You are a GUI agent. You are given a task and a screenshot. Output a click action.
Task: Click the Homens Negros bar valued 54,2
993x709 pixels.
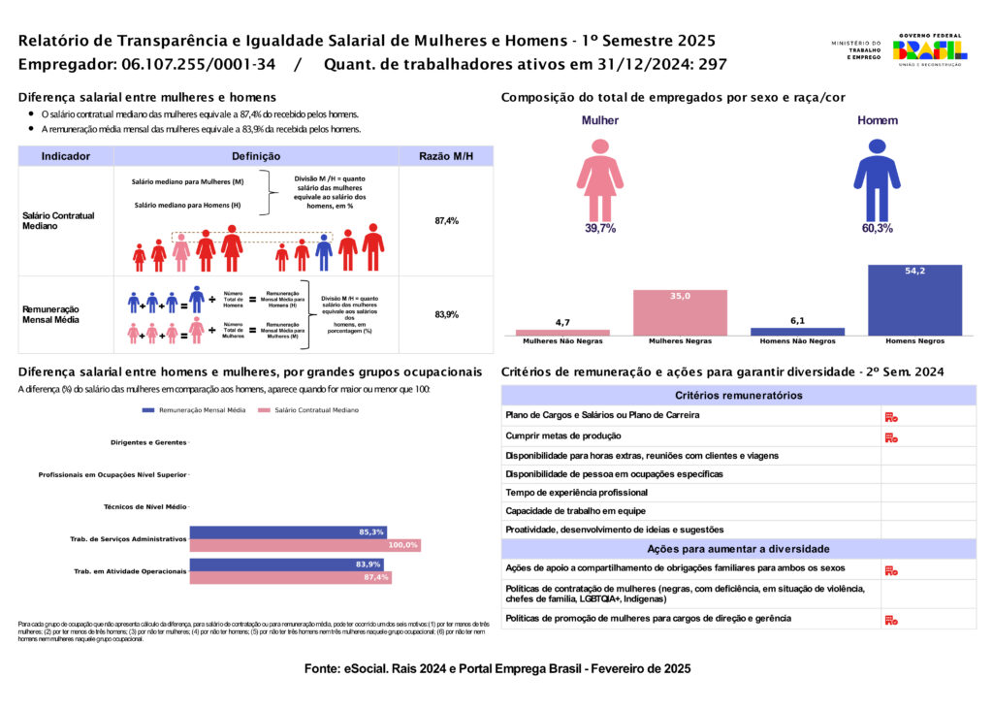point(914,300)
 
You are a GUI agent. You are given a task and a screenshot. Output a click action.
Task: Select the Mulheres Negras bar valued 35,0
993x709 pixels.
point(680,312)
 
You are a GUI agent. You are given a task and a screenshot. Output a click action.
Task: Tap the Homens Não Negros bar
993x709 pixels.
point(797,332)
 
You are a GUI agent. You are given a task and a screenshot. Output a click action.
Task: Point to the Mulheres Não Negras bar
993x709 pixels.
point(562,333)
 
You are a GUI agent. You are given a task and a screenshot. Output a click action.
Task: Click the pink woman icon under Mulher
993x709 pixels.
point(600,180)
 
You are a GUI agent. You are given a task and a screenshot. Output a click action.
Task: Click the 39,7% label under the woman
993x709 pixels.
point(600,229)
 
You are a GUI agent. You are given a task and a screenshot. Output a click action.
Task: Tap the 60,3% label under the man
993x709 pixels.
point(877,229)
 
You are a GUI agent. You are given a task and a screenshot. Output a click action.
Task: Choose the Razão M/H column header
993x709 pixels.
point(446,156)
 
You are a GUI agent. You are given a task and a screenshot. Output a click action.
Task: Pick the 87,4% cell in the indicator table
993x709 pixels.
point(446,221)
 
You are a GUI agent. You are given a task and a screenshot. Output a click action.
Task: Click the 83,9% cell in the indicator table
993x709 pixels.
point(446,315)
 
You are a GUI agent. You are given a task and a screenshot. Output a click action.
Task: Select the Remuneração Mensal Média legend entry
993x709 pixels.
point(193,410)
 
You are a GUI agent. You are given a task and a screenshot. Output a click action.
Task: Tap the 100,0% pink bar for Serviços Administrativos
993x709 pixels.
point(305,545)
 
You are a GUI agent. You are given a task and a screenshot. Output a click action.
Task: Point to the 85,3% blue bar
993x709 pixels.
point(288,532)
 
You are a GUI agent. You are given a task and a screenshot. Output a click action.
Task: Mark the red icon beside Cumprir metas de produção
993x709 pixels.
point(891,437)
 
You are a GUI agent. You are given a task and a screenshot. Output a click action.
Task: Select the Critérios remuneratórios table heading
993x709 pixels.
point(738,396)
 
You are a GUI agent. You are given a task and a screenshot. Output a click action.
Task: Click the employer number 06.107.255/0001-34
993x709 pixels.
point(199,65)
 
